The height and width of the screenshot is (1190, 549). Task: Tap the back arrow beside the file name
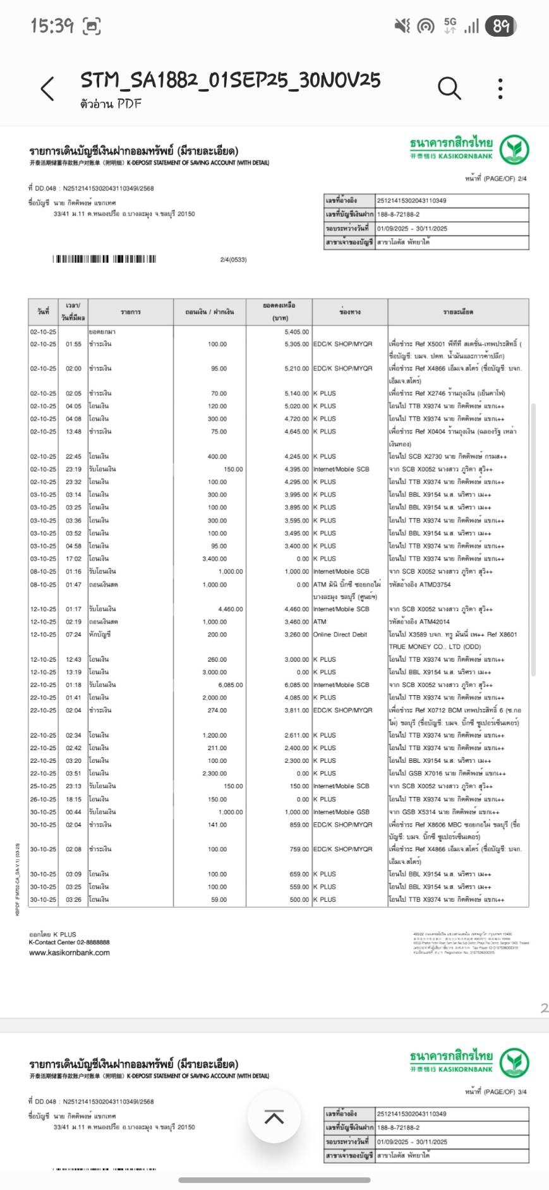[x=47, y=89]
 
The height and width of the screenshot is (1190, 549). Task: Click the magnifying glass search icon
[x=449, y=88]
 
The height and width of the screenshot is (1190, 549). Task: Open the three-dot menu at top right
[x=500, y=89]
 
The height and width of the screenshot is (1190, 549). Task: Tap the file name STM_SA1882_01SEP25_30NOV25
[x=230, y=80]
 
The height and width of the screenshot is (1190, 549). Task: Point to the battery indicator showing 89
[x=501, y=26]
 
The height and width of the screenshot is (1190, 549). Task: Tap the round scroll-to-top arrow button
[x=274, y=1117]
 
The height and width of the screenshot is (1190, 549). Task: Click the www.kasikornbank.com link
[x=69, y=952]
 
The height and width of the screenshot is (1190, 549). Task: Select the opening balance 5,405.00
[x=296, y=332]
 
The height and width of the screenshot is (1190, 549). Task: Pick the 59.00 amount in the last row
[x=219, y=899]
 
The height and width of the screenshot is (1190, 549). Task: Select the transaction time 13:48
[x=73, y=432]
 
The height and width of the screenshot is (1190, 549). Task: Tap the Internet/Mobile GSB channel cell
[x=341, y=812]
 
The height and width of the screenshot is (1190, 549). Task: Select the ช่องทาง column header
[x=349, y=312]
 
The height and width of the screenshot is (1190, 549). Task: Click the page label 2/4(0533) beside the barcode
[x=233, y=260]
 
